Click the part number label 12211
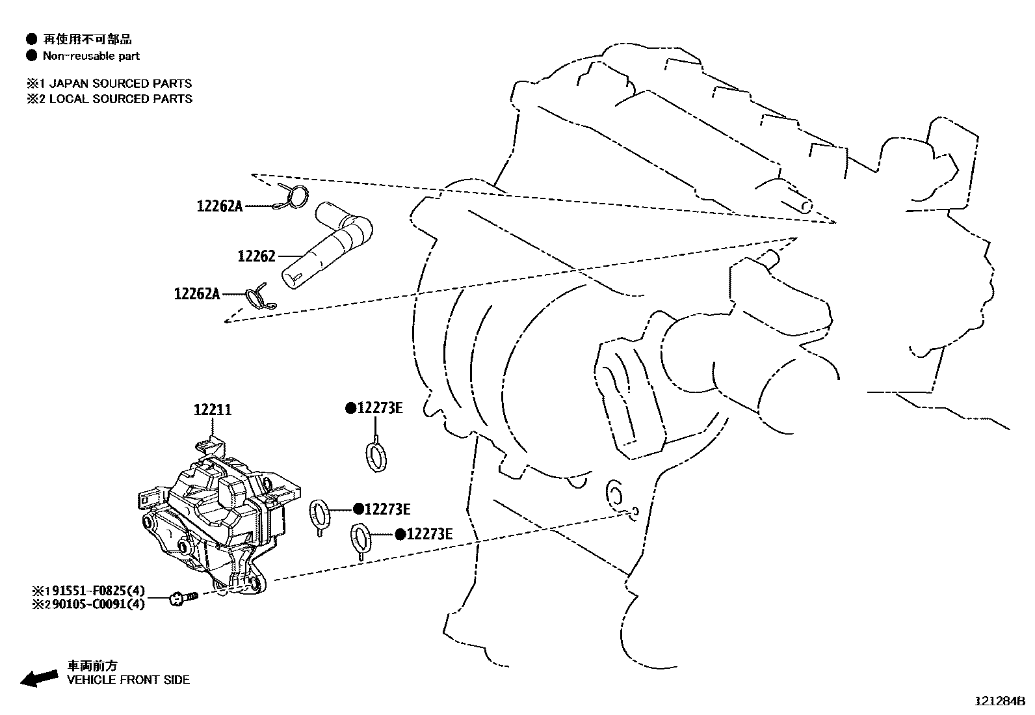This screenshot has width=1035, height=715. [x=213, y=410]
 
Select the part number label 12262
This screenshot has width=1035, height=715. [x=256, y=256]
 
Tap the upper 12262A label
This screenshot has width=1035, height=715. [x=220, y=206]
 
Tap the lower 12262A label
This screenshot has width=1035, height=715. [x=197, y=293]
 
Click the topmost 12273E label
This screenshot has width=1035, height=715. [x=380, y=408]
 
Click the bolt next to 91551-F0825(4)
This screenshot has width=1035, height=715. [x=182, y=597]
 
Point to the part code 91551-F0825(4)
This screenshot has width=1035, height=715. [x=95, y=591]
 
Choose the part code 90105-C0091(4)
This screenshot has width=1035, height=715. [x=95, y=604]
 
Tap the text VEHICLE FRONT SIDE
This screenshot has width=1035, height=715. [x=129, y=680]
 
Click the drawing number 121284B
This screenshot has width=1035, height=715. [x=999, y=701]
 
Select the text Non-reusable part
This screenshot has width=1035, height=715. [x=91, y=56]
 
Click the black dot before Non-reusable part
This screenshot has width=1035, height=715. [x=31, y=56]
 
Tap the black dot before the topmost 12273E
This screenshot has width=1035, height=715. [x=350, y=408]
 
